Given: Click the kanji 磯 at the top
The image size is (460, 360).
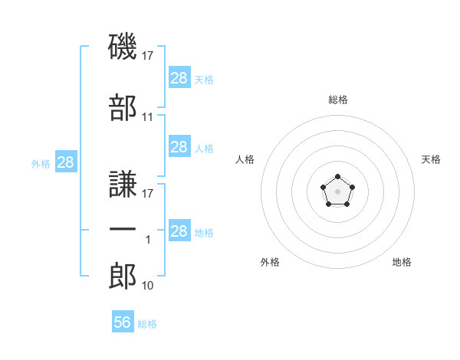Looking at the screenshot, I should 123,47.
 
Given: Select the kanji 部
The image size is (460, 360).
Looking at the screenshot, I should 123,109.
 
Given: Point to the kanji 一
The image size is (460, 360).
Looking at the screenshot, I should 123,230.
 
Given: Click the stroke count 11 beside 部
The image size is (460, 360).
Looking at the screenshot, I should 148,117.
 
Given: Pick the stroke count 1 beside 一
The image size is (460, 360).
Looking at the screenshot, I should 148,240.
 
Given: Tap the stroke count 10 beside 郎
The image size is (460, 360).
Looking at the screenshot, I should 148,286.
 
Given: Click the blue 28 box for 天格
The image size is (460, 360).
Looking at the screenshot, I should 179,78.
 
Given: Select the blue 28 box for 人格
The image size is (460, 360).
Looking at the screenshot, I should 179,147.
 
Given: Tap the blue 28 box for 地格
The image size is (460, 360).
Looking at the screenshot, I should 179,231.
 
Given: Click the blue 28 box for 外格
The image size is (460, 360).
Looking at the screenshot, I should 65,162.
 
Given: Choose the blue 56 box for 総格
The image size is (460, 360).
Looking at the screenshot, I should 122,322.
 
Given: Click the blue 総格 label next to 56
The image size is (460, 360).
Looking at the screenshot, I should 147,324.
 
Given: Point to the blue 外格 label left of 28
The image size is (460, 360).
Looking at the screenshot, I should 41,163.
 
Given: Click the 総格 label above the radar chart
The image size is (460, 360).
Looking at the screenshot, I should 337,100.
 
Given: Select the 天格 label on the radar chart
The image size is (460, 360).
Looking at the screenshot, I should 431,159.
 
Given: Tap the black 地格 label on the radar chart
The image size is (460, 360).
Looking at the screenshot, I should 402,262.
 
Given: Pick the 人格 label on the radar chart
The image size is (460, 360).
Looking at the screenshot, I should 245,159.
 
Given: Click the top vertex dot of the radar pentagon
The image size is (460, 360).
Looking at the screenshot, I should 337,177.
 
